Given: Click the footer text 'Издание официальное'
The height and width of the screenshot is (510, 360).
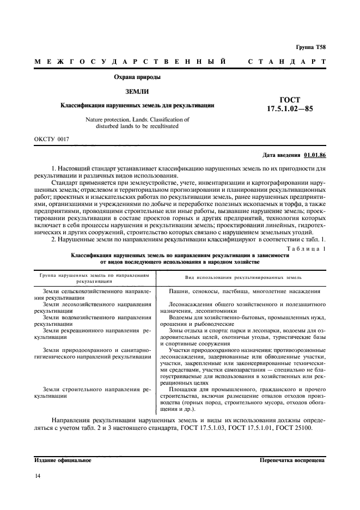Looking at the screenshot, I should pyautogui.click(x=63, y=460).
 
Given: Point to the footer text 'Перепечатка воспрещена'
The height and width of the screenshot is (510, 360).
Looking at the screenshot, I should pyautogui.click(x=293, y=460).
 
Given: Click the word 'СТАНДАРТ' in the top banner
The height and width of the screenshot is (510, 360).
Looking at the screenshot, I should pyautogui.click(x=287, y=62).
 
